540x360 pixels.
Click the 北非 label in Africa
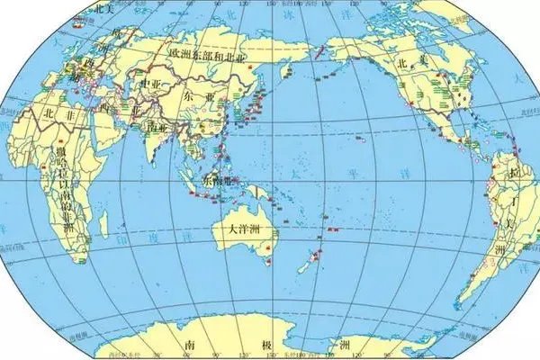(56, 113)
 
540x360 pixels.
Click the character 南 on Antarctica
(190, 343)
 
